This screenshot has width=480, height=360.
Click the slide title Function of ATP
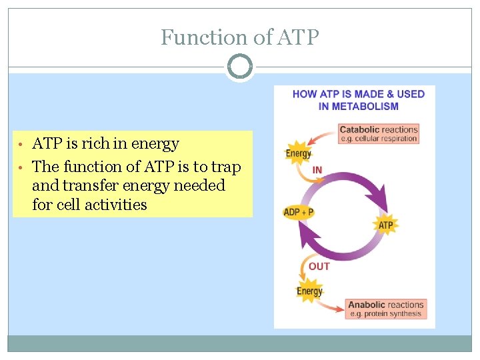click(240, 37)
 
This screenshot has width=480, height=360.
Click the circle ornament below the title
click(240, 67)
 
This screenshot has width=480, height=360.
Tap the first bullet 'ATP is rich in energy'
click(105, 143)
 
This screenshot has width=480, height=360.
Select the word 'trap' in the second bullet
click(226, 166)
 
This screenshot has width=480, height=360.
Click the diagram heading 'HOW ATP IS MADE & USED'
click(358, 94)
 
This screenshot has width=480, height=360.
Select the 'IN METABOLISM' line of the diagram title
click(358, 106)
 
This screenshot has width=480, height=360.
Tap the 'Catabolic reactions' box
click(378, 133)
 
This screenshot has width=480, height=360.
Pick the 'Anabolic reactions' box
click(385, 309)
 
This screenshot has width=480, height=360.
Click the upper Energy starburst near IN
click(298, 153)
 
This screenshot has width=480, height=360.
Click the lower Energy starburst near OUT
click(309, 291)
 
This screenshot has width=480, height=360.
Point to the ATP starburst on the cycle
click(386, 225)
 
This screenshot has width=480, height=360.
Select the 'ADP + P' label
click(298, 212)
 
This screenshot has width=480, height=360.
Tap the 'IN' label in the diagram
click(317, 170)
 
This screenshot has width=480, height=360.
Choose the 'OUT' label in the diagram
click(319, 266)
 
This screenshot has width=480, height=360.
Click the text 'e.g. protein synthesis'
click(385, 314)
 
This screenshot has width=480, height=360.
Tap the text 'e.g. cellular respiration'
click(378, 139)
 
